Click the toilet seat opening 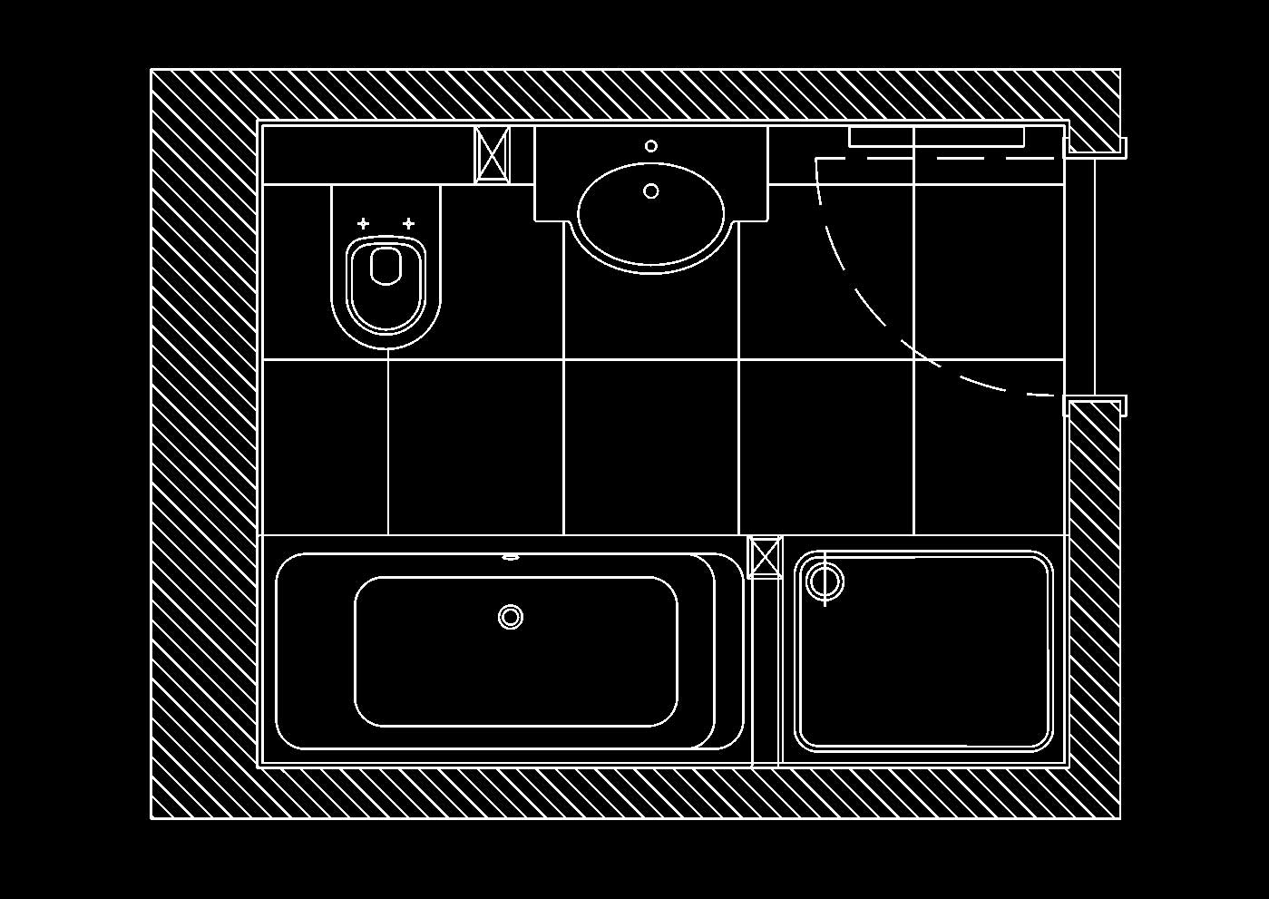coord(386,265)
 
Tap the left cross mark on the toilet coord(363,223)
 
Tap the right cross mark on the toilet coord(408,223)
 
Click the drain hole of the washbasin coord(650,191)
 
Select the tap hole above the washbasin coord(650,146)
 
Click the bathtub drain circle coord(511,617)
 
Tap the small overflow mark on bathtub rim coord(511,557)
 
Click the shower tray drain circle coord(825,581)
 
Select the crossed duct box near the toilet coord(493,154)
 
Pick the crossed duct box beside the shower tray coord(765,557)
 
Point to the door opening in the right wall coord(1094,277)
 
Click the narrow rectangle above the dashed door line coord(936,137)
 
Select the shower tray coord(923,651)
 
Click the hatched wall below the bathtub coord(635,793)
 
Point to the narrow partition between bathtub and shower coord(766,671)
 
